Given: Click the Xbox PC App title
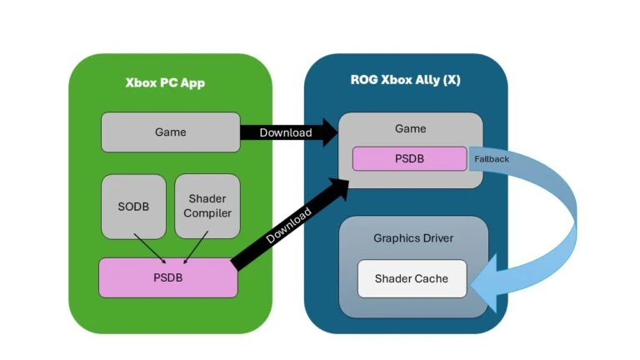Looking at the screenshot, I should point(165,83).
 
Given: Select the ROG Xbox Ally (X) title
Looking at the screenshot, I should point(405,80).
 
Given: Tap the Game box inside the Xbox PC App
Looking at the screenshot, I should point(170,132).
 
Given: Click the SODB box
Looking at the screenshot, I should point(133,206).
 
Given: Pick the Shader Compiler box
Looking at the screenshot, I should point(207,206).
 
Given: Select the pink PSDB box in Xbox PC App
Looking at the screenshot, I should point(167,277).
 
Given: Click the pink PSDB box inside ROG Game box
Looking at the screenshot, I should point(409,158).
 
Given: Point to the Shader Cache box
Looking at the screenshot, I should point(411,278).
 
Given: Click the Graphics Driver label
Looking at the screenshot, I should point(413,238).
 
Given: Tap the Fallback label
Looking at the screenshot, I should point(491,158).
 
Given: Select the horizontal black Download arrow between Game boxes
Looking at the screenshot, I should point(288,132).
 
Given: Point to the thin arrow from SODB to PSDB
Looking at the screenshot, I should point(151,246).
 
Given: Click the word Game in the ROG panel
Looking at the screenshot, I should point(410,128).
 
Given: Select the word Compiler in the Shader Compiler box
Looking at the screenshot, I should point(207,213).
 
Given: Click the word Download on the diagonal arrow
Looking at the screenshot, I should point(288,226).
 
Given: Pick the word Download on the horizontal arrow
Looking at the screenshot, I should point(285,132).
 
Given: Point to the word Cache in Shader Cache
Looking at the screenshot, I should point(431,278).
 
